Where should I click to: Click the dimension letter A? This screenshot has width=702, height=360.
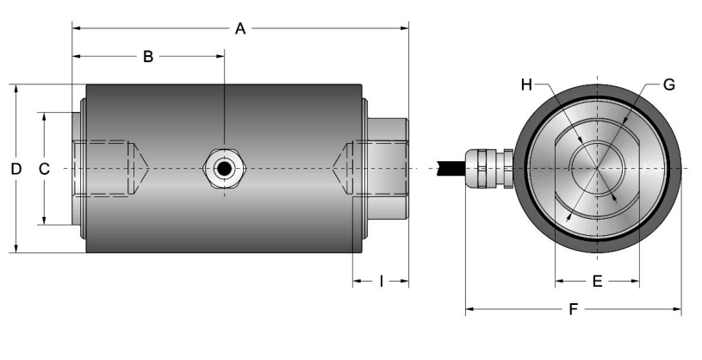[240, 28]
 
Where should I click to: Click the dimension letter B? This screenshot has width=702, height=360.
[147, 57]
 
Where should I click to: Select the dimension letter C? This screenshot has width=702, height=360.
[44, 169]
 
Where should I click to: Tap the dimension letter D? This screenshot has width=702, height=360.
[16, 169]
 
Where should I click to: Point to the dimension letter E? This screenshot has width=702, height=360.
[596, 281]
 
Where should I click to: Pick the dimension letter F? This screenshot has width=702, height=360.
[573, 309]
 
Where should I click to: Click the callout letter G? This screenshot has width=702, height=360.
[668, 84]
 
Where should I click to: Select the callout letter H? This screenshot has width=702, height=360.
[527, 84]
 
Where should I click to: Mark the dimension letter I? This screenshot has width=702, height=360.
[381, 281]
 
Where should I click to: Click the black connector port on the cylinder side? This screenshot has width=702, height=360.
[224, 168]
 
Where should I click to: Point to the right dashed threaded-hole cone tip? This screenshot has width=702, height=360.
[335, 168]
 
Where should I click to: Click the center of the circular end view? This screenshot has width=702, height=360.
[597, 168]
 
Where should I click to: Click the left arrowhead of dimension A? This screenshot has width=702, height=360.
[75, 28]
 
